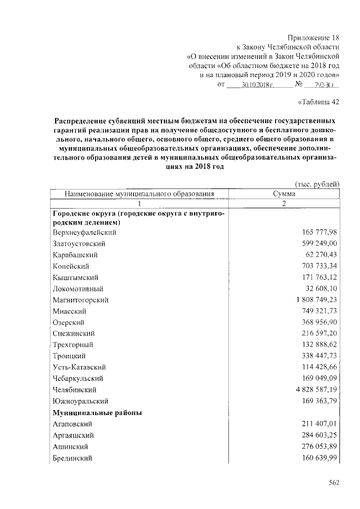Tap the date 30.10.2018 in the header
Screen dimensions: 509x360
(257, 85)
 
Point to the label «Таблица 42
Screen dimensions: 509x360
(318, 102)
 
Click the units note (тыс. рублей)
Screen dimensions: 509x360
(317, 184)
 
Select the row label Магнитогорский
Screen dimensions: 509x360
(80, 300)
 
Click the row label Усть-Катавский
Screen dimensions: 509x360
(79, 367)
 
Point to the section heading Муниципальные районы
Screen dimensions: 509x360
(97, 412)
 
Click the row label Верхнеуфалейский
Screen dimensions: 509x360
(84, 232)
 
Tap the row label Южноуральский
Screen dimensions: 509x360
(80, 401)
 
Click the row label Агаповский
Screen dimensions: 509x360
(73, 424)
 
